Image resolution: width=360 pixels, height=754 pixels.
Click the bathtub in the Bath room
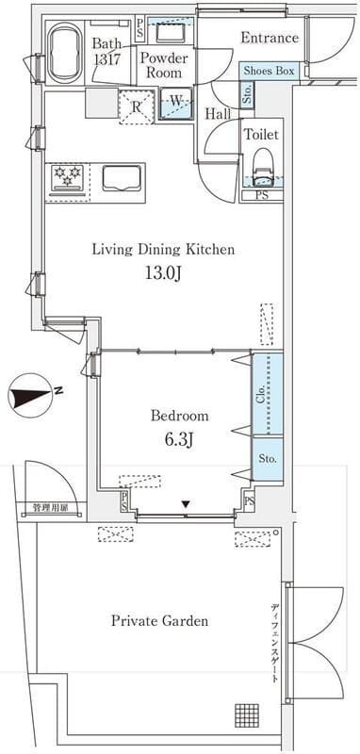(x=66, y=53)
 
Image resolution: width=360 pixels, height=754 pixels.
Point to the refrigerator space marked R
(x=137, y=107)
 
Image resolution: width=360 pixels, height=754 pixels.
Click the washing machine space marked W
(x=175, y=103)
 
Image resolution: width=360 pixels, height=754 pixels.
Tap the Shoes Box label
(x=269, y=71)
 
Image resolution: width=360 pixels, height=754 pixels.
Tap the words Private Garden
(x=159, y=621)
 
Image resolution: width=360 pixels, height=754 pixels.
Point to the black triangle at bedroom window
(x=186, y=504)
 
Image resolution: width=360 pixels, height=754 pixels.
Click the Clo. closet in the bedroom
(x=268, y=394)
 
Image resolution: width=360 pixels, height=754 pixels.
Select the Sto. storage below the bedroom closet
(x=268, y=458)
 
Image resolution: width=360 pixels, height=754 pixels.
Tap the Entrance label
(x=270, y=38)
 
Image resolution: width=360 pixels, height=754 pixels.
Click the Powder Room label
(x=164, y=66)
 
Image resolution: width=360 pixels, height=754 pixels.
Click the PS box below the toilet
(x=262, y=195)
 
